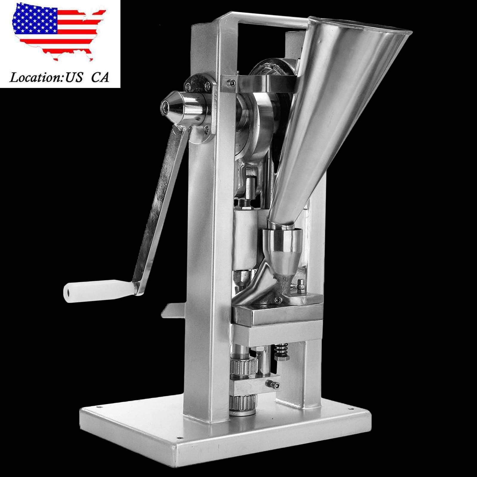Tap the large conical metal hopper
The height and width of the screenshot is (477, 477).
[337, 119]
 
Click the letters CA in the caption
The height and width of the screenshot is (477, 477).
[100, 78]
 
